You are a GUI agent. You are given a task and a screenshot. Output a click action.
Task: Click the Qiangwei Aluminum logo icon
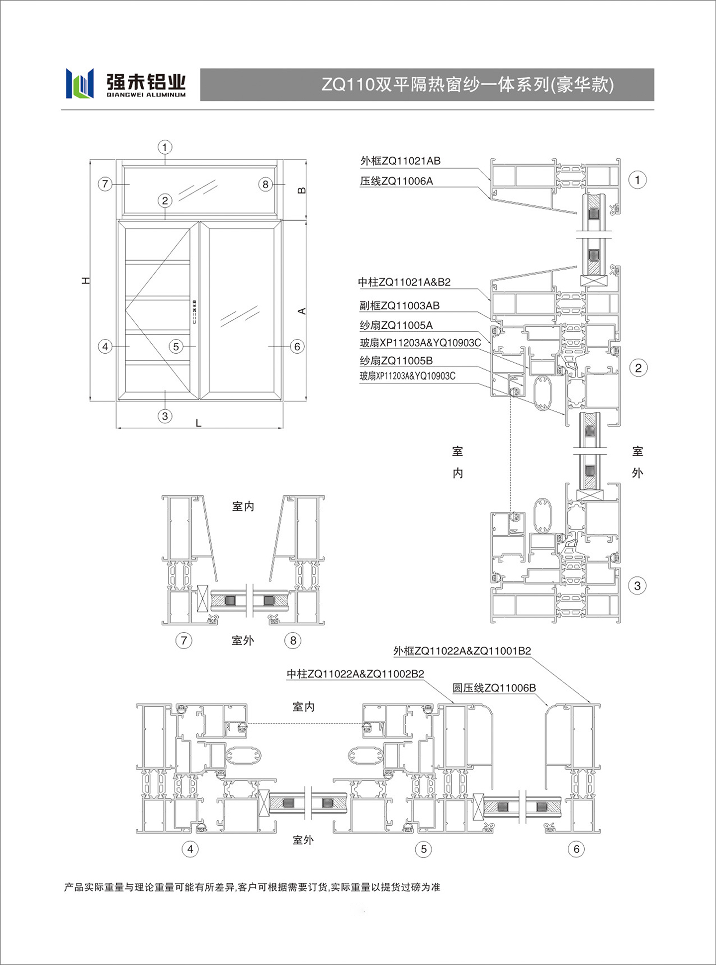80,83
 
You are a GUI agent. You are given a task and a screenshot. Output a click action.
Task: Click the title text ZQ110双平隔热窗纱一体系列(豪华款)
468,85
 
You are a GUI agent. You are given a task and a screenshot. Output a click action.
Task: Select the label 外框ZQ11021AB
400,161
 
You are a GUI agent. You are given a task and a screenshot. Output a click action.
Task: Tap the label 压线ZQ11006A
396,181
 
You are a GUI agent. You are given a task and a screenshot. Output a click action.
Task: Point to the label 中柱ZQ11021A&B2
404,282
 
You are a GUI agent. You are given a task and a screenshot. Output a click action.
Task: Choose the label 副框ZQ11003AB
399,305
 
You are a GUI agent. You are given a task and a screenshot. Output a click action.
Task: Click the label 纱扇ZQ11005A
396,325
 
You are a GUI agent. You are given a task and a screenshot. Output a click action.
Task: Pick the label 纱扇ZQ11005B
396,361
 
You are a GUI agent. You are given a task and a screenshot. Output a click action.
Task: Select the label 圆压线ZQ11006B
494,688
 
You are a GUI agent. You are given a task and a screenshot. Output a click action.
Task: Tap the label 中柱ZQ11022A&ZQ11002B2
356,674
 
